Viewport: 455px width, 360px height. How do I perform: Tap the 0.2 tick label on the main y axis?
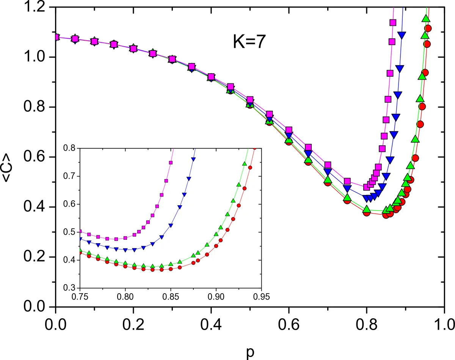tap(37, 257)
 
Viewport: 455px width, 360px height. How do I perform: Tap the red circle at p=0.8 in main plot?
tap(367, 212)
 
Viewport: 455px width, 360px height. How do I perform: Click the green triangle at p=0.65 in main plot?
tap(308, 160)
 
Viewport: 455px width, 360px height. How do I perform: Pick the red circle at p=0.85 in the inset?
tap(171, 269)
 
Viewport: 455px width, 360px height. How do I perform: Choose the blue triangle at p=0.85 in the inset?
tap(171, 225)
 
